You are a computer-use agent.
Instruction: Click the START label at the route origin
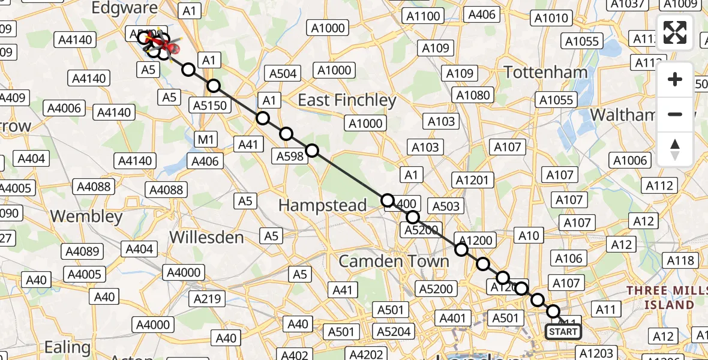[x=563, y=332]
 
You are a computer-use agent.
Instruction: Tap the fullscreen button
[x=675, y=32]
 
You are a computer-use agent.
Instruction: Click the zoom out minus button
[x=675, y=114]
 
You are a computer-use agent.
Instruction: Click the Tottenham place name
[x=545, y=73]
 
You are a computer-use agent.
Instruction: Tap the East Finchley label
[x=347, y=100]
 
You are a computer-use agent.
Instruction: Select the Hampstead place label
[x=322, y=205]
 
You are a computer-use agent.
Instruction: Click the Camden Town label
[x=394, y=262]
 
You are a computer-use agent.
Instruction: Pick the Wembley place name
[x=86, y=216]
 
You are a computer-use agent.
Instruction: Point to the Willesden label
[x=206, y=237]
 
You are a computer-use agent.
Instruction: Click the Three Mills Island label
[x=664, y=298]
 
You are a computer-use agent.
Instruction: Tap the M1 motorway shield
[x=206, y=140]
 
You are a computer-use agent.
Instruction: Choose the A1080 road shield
[x=474, y=95]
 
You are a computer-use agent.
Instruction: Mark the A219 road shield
[x=207, y=299]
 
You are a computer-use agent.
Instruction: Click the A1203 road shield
[x=598, y=353]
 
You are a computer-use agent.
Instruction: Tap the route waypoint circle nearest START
[x=553, y=311]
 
